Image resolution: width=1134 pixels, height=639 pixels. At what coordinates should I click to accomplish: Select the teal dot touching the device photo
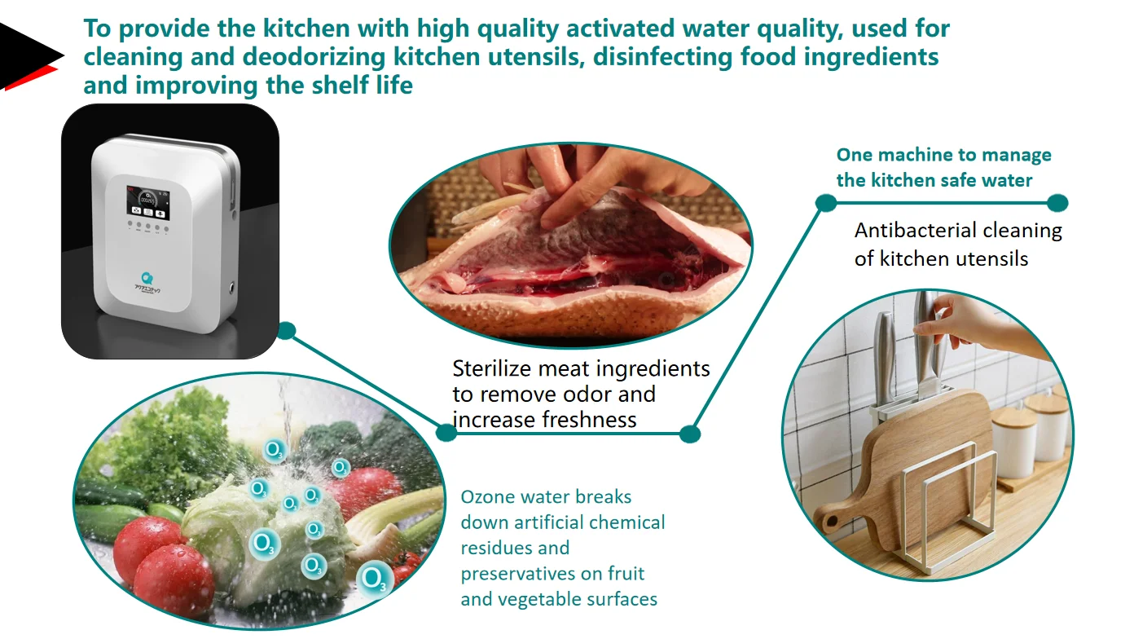point(286,331)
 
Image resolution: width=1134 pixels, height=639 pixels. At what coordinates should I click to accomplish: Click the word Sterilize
point(492,368)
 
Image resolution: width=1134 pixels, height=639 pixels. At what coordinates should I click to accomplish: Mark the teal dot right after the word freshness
point(689,434)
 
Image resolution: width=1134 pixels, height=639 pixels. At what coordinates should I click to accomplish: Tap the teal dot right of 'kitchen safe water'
point(1057,203)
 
